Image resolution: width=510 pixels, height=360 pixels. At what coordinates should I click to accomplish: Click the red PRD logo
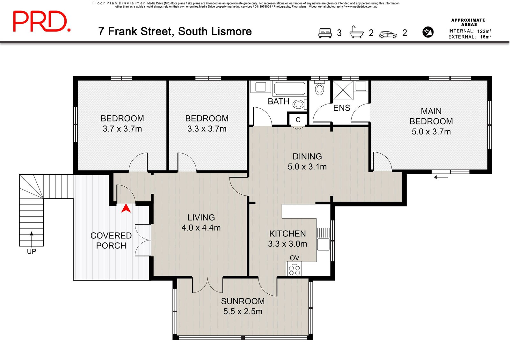(x=42, y=21)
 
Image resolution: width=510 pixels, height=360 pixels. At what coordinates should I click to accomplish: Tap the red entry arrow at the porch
(x=126, y=208)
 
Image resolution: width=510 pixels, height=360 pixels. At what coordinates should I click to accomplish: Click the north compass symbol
(x=428, y=32)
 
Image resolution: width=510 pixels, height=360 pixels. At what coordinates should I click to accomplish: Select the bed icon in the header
(x=325, y=33)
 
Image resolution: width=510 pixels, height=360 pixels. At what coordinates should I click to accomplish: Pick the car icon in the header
(x=388, y=35)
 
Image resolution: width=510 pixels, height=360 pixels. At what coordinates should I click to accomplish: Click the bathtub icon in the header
(x=357, y=32)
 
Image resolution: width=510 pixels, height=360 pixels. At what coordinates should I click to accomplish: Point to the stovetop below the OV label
(x=294, y=269)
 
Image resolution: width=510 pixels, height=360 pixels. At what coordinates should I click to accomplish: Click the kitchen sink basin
(x=323, y=244)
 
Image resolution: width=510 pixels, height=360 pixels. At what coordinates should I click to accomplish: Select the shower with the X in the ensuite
(x=343, y=90)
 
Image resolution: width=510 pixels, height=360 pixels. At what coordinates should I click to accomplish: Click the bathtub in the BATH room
(x=289, y=89)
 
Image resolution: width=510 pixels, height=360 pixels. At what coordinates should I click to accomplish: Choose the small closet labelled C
(x=298, y=119)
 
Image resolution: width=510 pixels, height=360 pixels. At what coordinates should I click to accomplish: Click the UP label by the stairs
(x=32, y=251)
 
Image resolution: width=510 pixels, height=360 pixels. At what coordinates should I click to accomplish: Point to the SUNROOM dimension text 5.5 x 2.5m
(x=243, y=311)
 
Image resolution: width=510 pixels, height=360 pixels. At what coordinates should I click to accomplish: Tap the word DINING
(x=307, y=156)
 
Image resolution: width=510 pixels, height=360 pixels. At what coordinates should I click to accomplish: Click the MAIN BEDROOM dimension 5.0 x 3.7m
(x=431, y=132)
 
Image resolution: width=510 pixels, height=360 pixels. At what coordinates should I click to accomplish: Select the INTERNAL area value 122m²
(x=484, y=31)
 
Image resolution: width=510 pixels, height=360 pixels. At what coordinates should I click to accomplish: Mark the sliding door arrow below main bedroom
(x=441, y=177)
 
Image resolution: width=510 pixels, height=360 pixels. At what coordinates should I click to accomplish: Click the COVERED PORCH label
(x=111, y=241)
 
